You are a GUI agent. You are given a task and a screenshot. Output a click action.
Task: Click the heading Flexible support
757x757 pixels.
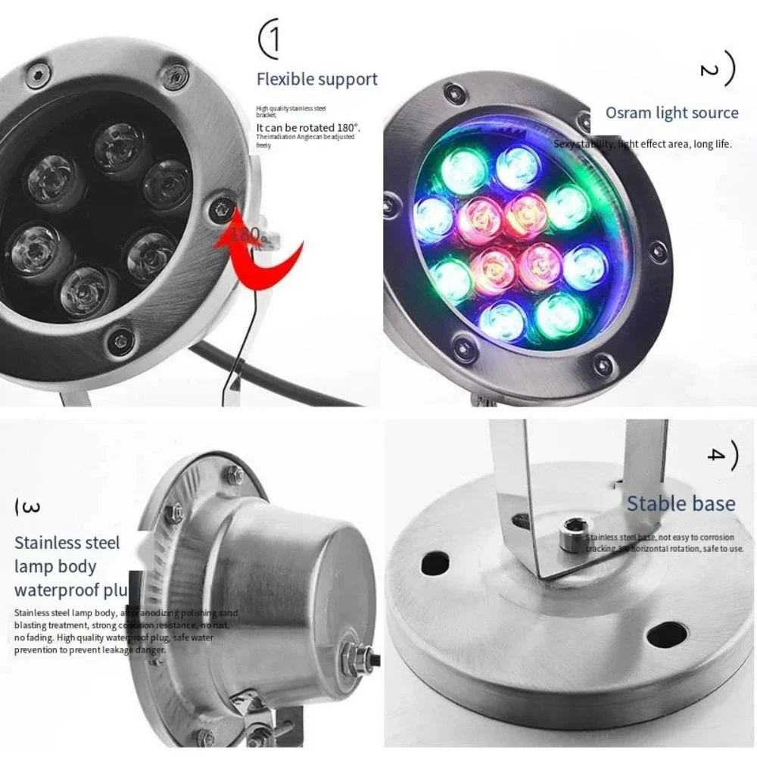point(316,79)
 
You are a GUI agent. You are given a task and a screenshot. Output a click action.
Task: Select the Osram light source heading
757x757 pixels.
point(671,113)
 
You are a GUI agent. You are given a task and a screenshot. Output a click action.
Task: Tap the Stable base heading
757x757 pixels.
point(681,503)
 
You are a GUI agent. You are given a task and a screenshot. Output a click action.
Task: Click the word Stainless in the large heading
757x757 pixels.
point(46,543)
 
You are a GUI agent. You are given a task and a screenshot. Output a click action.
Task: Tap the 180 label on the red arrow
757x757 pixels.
point(246,234)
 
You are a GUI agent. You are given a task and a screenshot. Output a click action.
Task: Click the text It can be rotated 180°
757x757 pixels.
point(307,128)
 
